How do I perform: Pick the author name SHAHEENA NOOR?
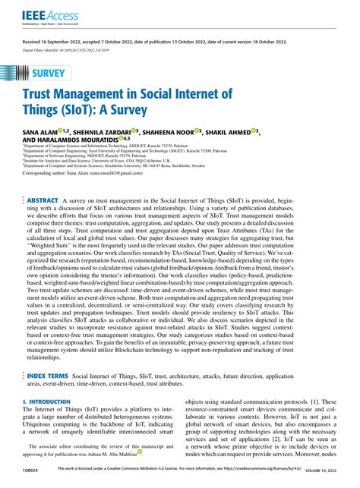(187, 132)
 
